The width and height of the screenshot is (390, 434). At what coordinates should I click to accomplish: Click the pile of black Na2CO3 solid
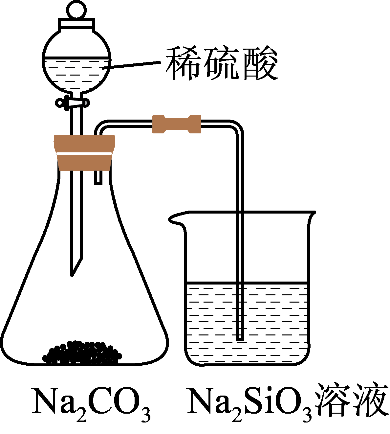click(82, 353)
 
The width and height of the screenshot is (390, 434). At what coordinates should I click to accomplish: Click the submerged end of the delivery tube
click(240, 337)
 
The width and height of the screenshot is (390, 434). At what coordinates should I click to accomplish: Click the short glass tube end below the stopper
click(98, 179)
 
